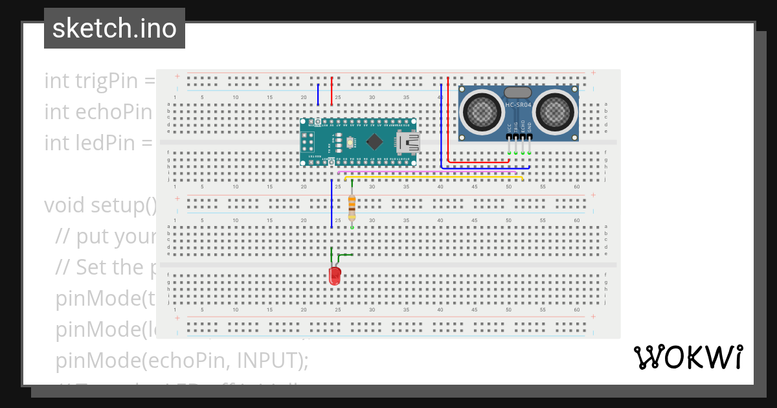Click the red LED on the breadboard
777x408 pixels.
[x=335, y=277]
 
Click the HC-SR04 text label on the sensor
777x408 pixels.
[x=518, y=104]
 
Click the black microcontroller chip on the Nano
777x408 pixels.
[x=374, y=141]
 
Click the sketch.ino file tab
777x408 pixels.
[x=115, y=28]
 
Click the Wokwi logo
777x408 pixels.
[x=688, y=357]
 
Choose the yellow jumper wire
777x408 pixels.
[x=434, y=176]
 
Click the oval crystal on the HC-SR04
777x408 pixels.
[x=518, y=93]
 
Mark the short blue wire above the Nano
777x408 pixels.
[x=318, y=95]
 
